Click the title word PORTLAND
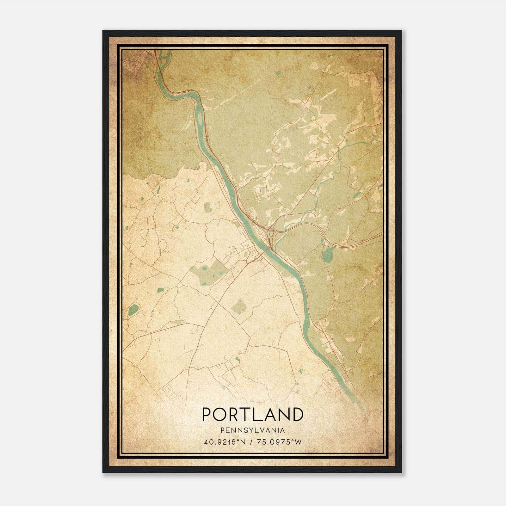[253, 414]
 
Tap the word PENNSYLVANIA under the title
[253, 430]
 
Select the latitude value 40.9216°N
[225, 442]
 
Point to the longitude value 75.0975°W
[280, 442]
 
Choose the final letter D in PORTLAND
[298, 414]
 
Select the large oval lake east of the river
[328, 255]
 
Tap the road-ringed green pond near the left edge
[134, 309]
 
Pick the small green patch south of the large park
[238, 306]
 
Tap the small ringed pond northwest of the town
[208, 208]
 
